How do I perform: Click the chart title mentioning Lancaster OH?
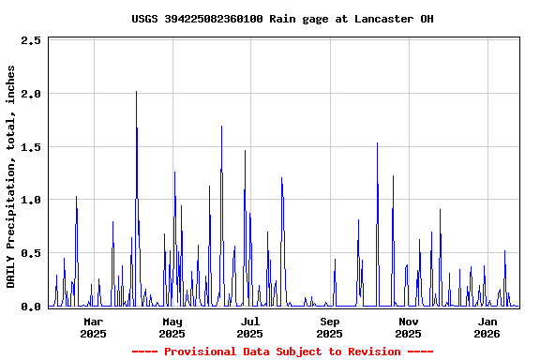click(282, 19)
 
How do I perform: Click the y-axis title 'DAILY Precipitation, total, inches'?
click(11, 176)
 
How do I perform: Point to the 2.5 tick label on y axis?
click(31, 41)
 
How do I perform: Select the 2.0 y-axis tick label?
click(31, 94)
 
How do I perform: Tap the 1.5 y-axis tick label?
click(31, 147)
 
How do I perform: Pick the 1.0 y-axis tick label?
click(31, 200)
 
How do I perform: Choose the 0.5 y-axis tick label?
click(31, 253)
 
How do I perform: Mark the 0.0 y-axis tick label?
click(31, 307)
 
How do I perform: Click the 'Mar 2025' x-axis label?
click(93, 327)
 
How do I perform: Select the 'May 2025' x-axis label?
click(172, 327)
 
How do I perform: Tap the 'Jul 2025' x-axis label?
click(249, 327)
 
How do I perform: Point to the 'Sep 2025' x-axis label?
click(329, 327)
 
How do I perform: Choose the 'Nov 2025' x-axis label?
click(408, 327)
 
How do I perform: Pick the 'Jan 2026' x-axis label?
click(487, 327)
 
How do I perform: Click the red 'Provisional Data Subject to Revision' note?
click(282, 352)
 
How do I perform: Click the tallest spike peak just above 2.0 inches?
click(136, 92)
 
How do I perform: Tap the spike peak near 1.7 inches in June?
click(221, 126)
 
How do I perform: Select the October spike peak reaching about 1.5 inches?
click(377, 143)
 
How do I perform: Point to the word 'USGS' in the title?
click(144, 19)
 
